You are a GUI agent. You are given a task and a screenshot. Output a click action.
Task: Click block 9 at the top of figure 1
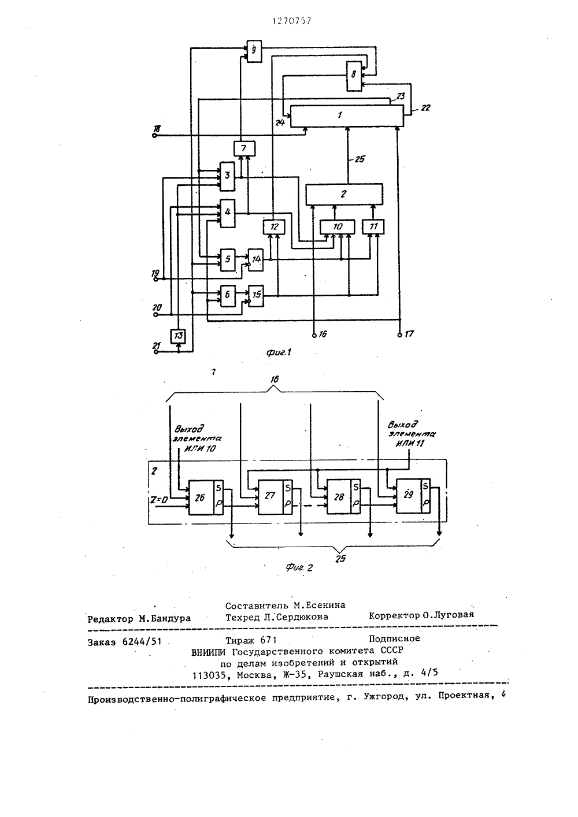(254, 51)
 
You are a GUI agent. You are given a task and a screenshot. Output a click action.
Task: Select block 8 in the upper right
(354, 76)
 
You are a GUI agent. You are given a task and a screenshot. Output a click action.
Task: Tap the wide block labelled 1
(347, 116)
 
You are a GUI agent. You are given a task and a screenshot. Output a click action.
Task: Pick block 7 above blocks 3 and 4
(244, 148)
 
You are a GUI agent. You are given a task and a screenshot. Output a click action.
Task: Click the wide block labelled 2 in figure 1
(344, 194)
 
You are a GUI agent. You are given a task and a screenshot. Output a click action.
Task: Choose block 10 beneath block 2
(337, 227)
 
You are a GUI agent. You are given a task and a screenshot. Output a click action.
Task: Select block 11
(373, 227)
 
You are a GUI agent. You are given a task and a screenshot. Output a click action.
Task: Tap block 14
(256, 259)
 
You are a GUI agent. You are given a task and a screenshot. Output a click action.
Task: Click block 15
(256, 295)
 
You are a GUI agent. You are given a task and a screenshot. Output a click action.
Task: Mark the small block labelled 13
(178, 336)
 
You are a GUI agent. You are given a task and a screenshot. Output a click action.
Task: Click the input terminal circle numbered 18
(154, 136)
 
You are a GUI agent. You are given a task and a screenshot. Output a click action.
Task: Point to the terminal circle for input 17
(399, 335)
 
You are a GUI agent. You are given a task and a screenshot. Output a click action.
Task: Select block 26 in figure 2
(205, 497)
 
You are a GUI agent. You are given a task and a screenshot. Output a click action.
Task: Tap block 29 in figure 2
(413, 496)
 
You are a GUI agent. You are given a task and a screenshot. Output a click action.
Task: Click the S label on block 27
(288, 487)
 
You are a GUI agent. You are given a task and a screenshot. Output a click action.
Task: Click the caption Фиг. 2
(299, 567)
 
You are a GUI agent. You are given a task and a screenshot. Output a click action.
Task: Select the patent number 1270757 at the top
(291, 21)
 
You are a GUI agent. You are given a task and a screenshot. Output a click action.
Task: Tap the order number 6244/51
(142, 642)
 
